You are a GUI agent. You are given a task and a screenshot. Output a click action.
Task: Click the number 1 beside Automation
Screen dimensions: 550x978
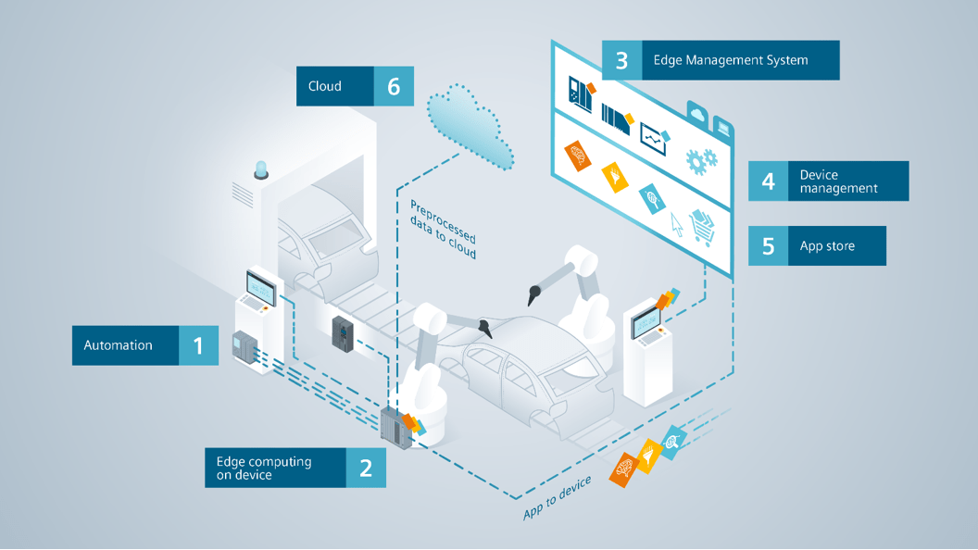pos(198,345)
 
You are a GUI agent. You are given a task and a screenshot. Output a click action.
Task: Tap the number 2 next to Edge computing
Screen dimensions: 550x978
pos(366,468)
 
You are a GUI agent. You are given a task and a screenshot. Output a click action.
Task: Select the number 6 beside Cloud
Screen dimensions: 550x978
pos(394,86)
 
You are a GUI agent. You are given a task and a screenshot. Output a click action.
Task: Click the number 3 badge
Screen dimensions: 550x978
pos(621,60)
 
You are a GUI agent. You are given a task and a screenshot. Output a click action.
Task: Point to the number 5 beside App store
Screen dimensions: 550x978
pos(768,246)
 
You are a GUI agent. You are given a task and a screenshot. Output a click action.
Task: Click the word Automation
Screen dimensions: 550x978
pos(119,345)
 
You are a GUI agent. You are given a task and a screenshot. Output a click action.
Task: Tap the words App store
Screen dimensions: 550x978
pos(827,246)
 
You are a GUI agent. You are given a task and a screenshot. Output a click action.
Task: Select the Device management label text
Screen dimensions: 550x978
pos(838,181)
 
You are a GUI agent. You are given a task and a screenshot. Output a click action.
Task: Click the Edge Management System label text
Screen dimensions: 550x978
pos(731,60)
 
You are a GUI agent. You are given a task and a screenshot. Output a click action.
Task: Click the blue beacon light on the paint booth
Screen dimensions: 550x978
pos(261,169)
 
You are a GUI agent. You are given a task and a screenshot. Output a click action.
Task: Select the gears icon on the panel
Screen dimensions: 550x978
pos(701,160)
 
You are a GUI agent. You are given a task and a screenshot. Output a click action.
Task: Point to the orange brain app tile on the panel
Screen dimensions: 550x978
pos(577,156)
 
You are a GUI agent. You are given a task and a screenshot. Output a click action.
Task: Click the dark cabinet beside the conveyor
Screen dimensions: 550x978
pos(342,331)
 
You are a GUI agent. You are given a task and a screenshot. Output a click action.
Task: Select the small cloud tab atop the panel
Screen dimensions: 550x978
pos(696,115)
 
